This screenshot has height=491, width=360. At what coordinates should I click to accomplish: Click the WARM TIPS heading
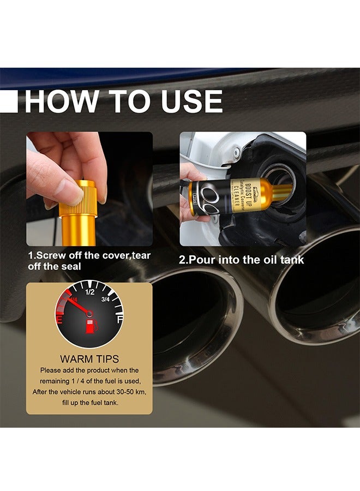89,360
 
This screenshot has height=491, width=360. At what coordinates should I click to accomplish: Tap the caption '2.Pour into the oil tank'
242,260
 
